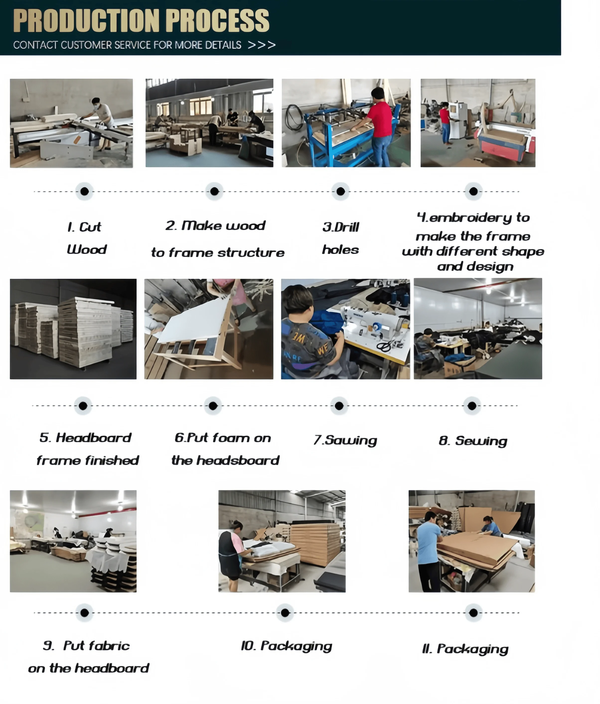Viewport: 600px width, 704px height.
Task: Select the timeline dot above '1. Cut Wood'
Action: click(85, 192)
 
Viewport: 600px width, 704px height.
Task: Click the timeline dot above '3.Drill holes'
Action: click(340, 192)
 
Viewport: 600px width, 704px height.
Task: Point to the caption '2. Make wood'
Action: click(215, 226)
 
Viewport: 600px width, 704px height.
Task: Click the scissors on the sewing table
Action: click(385, 346)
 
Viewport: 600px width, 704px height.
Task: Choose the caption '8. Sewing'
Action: click(473, 441)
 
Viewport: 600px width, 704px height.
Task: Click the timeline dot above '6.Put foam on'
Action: click(213, 406)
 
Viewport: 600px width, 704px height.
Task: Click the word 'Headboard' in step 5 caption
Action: click(93, 438)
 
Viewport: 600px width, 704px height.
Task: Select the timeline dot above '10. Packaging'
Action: click(285, 613)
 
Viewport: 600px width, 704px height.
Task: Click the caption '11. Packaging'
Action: click(465, 649)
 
